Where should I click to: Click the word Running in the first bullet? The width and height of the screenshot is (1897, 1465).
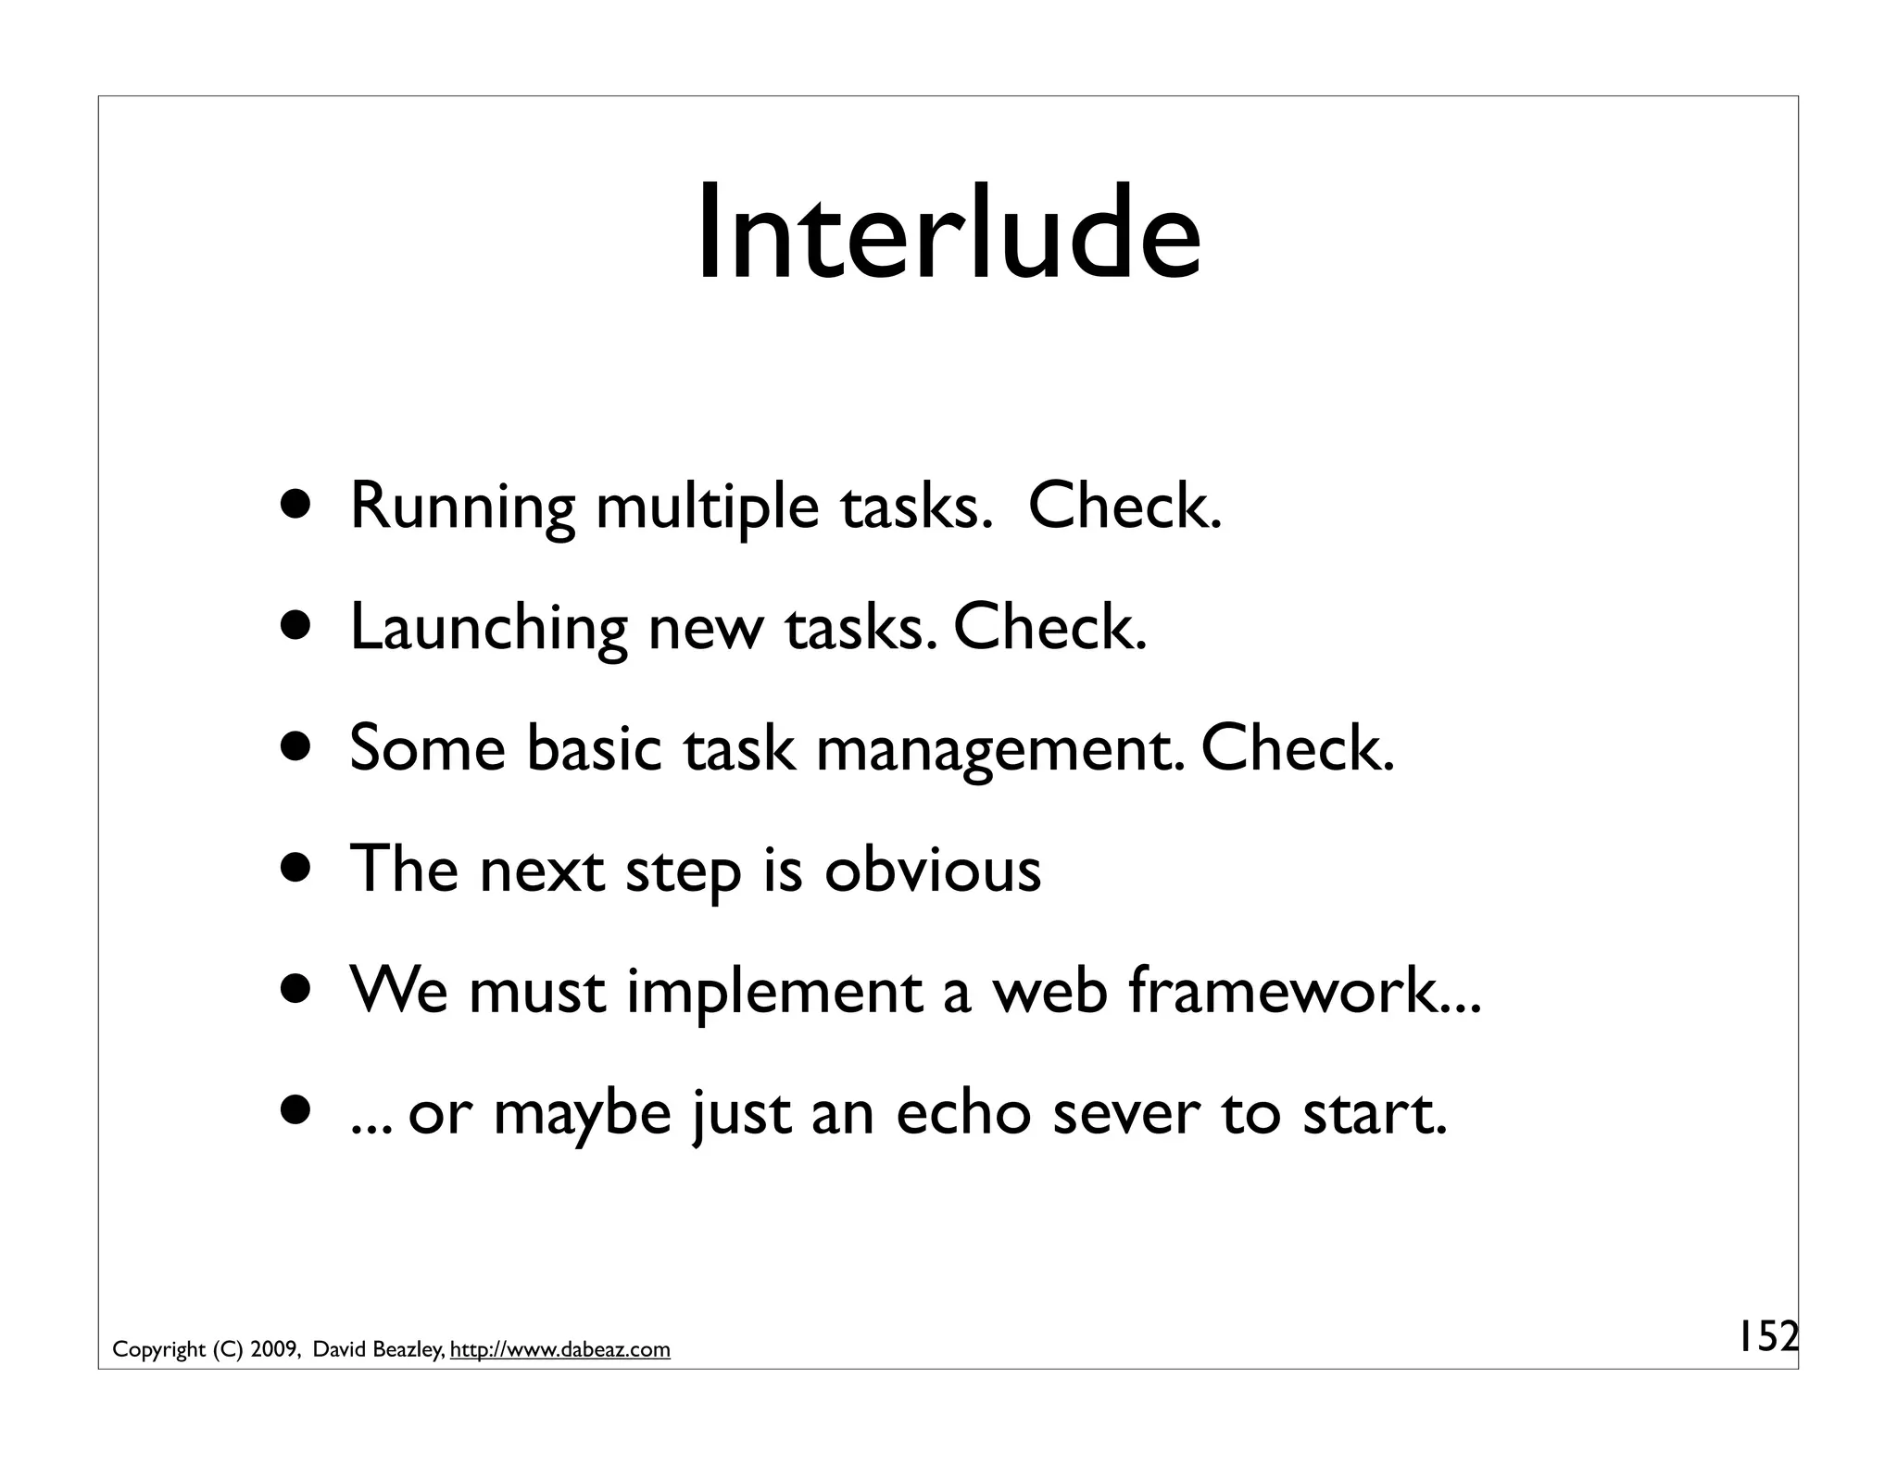click(x=461, y=509)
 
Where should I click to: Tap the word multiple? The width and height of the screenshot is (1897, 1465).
click(x=707, y=509)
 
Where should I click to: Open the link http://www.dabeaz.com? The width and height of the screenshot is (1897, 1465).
click(x=559, y=1350)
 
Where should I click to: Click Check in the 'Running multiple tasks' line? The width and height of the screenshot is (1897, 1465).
click(x=1124, y=507)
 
